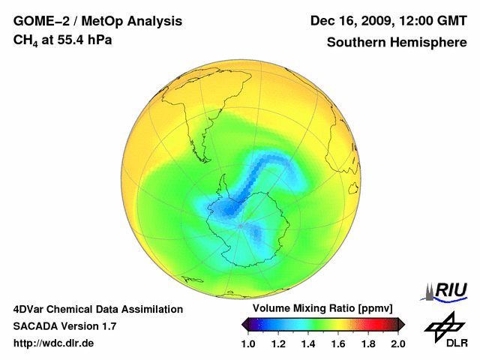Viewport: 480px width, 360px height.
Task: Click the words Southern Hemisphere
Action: point(397,43)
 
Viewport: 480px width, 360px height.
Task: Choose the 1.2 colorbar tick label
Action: point(278,343)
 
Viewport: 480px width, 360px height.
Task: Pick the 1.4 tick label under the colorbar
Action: point(308,343)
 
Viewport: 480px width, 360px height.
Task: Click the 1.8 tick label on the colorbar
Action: point(368,343)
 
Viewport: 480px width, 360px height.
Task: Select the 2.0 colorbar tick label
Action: point(397,343)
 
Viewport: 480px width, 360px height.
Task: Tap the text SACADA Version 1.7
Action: point(64,326)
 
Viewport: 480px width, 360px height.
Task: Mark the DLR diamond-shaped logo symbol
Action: point(443,324)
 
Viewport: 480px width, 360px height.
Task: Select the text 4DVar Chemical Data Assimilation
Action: point(98,309)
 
